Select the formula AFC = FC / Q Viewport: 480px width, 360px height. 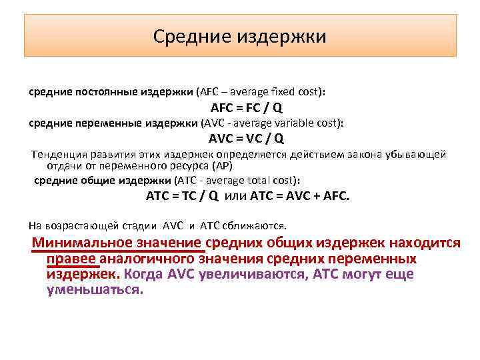tap(246, 108)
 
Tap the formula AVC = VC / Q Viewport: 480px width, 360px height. tap(246, 139)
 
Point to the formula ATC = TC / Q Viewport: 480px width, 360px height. tap(182, 196)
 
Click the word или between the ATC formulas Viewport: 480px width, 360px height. tap(236, 196)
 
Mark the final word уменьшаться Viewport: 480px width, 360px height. tap(95, 291)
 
